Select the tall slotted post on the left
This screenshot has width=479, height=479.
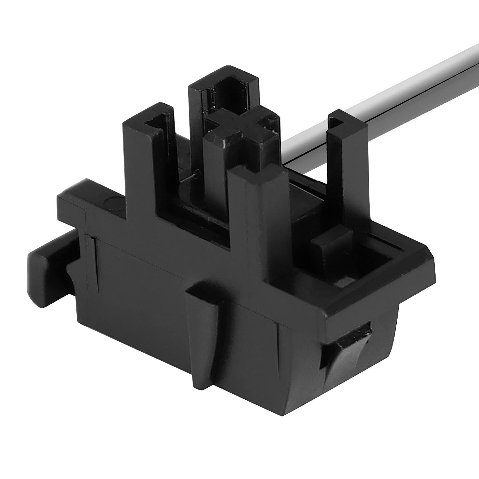point(150,156)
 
